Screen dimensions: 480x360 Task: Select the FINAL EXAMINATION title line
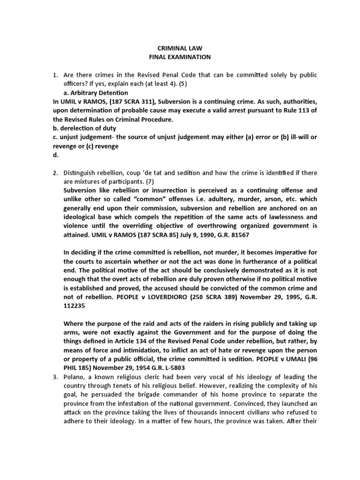pyautogui.click(x=180, y=57)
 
